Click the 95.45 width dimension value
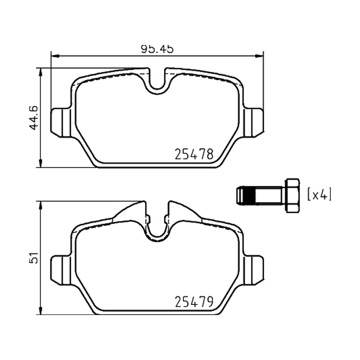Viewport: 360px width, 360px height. (157, 49)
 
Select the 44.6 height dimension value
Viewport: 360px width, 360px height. (33, 118)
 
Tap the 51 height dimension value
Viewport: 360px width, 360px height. (33, 258)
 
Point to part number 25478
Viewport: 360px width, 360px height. (194, 154)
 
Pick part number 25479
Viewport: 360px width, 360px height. (194, 301)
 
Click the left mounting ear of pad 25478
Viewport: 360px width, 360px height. (61, 122)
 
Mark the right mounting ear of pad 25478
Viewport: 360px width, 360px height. (253, 122)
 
